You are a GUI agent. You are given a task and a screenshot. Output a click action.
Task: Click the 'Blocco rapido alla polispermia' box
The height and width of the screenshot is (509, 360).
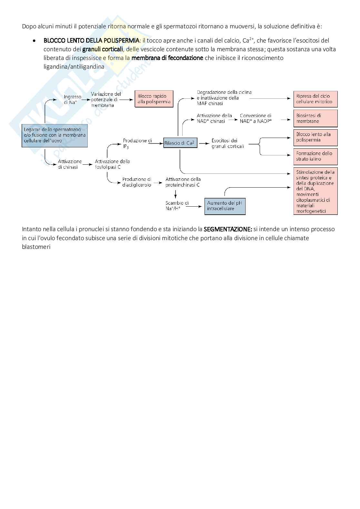tap(154, 99)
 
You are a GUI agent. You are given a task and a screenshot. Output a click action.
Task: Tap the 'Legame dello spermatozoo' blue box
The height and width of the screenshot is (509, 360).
tap(55, 135)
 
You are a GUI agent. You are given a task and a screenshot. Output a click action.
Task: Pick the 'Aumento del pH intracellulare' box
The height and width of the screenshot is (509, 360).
tap(225, 206)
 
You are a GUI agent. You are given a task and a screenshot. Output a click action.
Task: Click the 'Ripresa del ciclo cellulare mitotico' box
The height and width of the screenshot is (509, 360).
tap(315, 99)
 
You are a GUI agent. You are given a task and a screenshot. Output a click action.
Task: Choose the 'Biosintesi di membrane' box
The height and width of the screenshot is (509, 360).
tap(315, 118)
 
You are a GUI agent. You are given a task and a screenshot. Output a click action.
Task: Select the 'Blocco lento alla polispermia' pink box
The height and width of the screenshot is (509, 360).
tap(315, 137)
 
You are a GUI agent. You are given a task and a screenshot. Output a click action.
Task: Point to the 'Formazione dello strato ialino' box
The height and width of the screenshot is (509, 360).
tap(315, 156)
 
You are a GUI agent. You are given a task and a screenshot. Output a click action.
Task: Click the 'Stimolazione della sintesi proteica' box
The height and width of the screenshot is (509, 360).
tap(315, 191)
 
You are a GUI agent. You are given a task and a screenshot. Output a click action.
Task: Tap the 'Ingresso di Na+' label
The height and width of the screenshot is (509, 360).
tap(72, 100)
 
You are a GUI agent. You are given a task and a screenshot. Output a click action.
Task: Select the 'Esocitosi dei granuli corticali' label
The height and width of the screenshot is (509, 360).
tap(227, 143)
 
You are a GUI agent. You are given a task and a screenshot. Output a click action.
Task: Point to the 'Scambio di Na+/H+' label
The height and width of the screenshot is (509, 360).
tap(177, 206)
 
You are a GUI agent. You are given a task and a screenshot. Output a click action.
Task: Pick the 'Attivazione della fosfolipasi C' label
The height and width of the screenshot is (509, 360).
tap(112, 164)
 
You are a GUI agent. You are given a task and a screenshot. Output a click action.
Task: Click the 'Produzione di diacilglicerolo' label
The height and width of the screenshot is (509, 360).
tap(137, 182)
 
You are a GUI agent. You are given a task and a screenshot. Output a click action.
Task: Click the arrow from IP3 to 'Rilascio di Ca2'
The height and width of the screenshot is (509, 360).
tap(156, 143)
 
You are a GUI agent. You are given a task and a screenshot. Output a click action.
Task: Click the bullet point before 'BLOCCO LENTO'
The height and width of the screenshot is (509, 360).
tap(34, 41)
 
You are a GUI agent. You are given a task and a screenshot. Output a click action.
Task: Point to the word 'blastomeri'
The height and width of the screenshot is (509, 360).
tap(36, 247)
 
